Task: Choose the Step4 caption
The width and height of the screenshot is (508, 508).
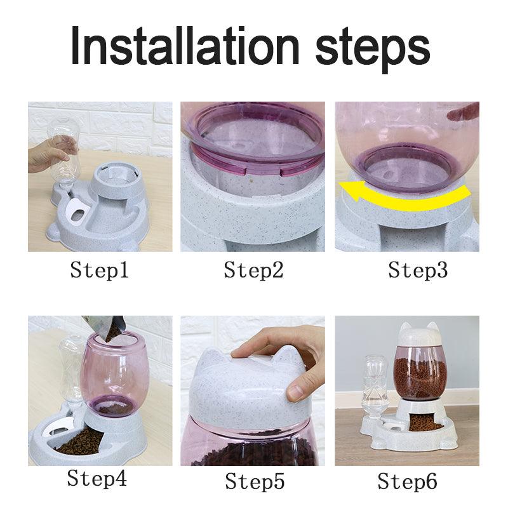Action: click(97, 478)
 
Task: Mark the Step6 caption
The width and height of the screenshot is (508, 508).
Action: click(408, 481)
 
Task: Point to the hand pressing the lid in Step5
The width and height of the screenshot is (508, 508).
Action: click(279, 356)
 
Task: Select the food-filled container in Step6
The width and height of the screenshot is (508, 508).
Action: click(417, 375)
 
